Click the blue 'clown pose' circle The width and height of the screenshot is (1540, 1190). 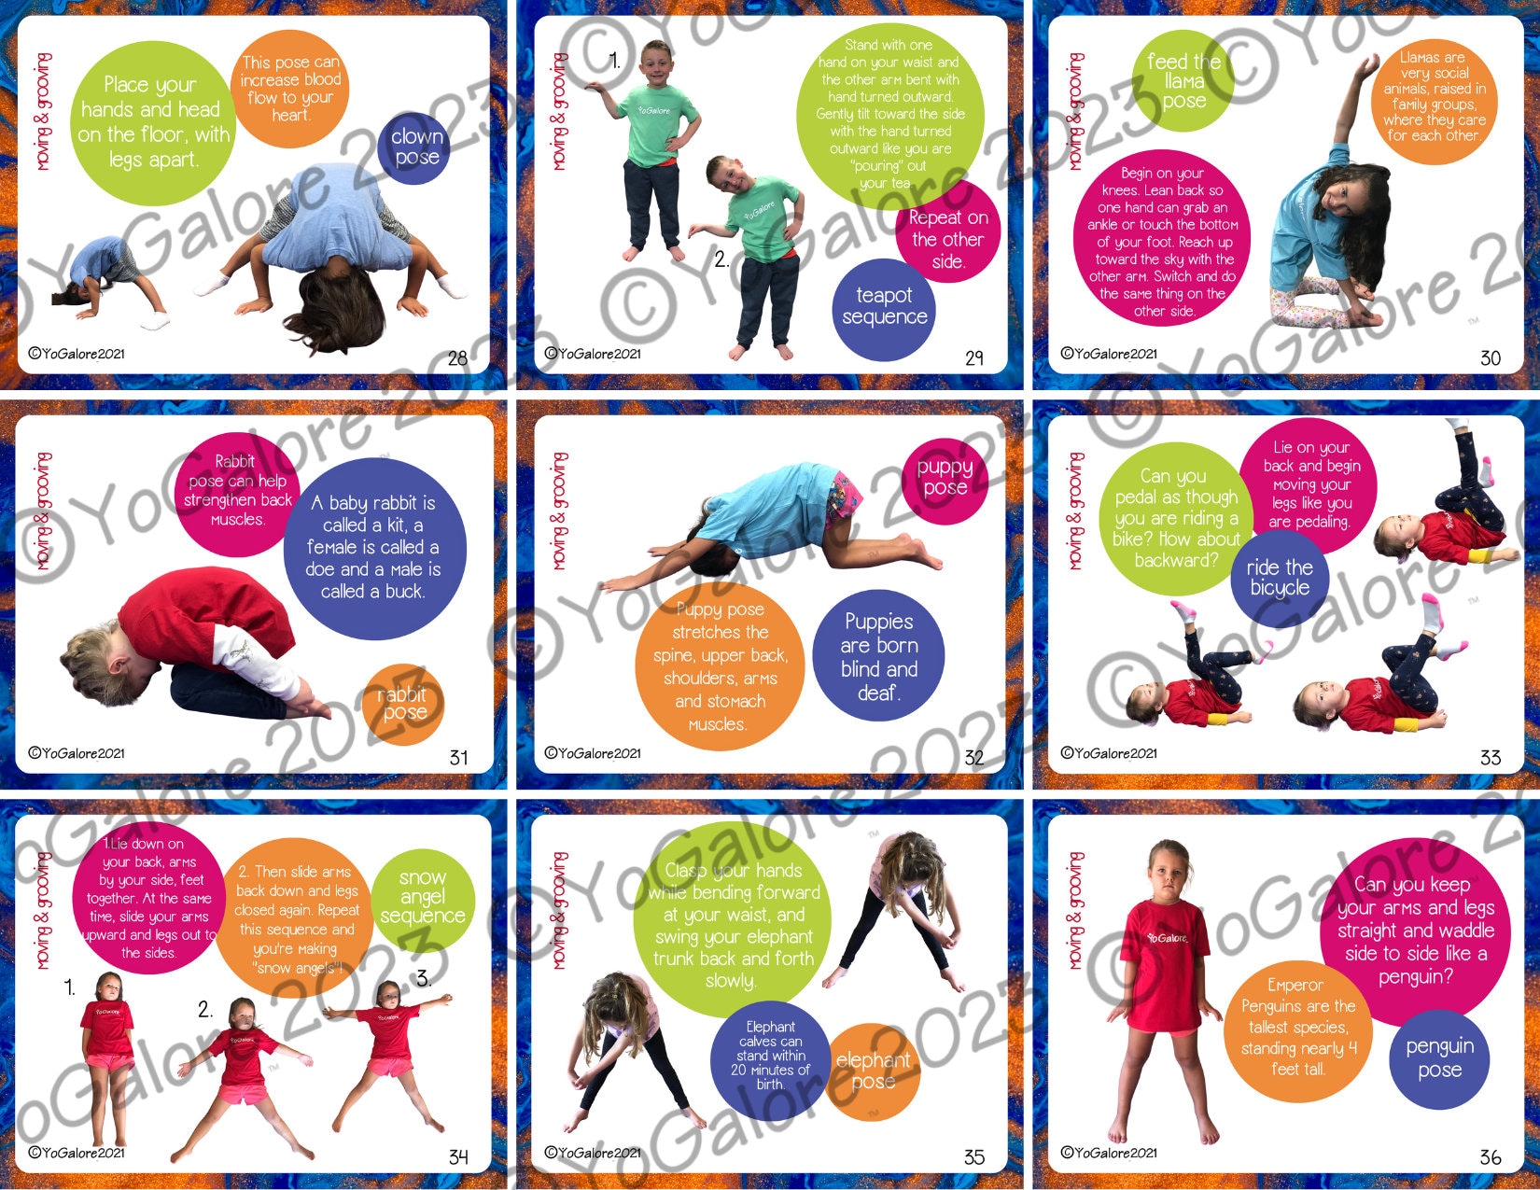415,147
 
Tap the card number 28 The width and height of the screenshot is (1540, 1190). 457,358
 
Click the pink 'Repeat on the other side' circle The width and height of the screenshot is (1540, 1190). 947,239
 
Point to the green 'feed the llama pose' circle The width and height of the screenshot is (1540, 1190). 1183,81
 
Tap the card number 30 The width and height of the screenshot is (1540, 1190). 1490,358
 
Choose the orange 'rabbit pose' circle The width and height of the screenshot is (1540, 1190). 403,704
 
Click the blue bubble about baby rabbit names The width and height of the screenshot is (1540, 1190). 373,547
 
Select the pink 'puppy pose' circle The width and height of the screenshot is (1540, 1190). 945,478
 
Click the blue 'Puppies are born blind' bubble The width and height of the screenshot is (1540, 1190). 878,656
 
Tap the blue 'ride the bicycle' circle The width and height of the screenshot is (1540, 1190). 1280,578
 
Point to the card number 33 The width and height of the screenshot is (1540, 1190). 1490,758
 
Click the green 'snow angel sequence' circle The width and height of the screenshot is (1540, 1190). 423,897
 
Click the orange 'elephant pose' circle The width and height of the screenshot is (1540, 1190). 873,1071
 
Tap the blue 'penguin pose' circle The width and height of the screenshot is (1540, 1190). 1439,1058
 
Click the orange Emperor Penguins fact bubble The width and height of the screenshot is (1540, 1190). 1297,1027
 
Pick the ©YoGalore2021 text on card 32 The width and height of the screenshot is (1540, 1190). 593,753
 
